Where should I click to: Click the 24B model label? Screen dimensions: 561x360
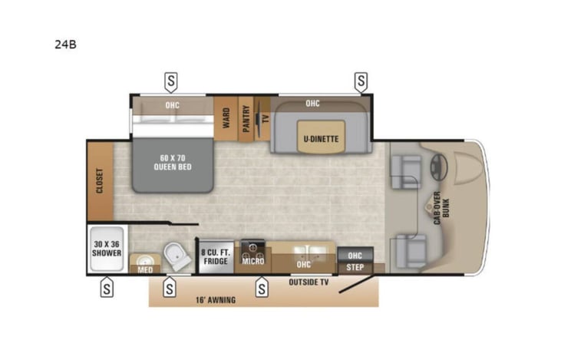[x=65, y=45]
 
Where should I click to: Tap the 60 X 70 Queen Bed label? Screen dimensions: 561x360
[x=173, y=163]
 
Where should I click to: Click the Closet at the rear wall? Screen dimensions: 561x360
[x=101, y=181]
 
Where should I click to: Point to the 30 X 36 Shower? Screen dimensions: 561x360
[x=107, y=249]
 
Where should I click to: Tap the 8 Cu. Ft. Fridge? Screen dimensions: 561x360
[x=216, y=256]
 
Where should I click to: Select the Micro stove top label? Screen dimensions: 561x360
[x=253, y=261]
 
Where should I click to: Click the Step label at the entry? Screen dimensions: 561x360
[x=355, y=267]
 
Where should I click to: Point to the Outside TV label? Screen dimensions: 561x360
[x=309, y=282]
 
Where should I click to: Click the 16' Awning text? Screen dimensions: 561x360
[x=216, y=300]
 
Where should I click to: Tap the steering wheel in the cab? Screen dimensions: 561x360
[x=439, y=167]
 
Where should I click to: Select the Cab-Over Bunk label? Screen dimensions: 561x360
[x=441, y=208]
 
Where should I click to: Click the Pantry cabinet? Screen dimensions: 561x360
[x=246, y=118]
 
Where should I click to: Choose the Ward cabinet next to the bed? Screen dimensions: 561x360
[x=226, y=118]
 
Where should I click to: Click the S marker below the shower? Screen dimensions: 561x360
[x=107, y=288]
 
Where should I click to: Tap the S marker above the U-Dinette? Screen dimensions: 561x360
[x=361, y=81]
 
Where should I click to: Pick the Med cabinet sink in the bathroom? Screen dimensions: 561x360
[x=145, y=259]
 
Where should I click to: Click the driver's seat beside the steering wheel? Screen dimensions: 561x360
[x=406, y=172]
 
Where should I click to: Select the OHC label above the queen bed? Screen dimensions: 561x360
[x=172, y=105]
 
